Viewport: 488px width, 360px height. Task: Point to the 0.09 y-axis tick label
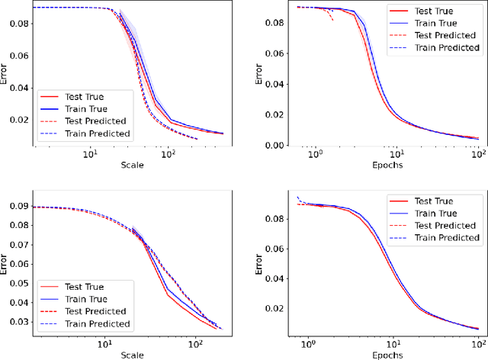coord(18,207)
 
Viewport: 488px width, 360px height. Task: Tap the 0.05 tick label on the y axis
coord(18,282)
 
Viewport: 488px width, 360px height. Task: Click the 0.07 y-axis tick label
coord(18,245)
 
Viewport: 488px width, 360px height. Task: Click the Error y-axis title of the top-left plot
coord(5,76)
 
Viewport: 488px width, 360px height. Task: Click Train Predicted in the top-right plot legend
coord(445,47)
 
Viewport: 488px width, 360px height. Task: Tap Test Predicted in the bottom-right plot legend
coord(445,226)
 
